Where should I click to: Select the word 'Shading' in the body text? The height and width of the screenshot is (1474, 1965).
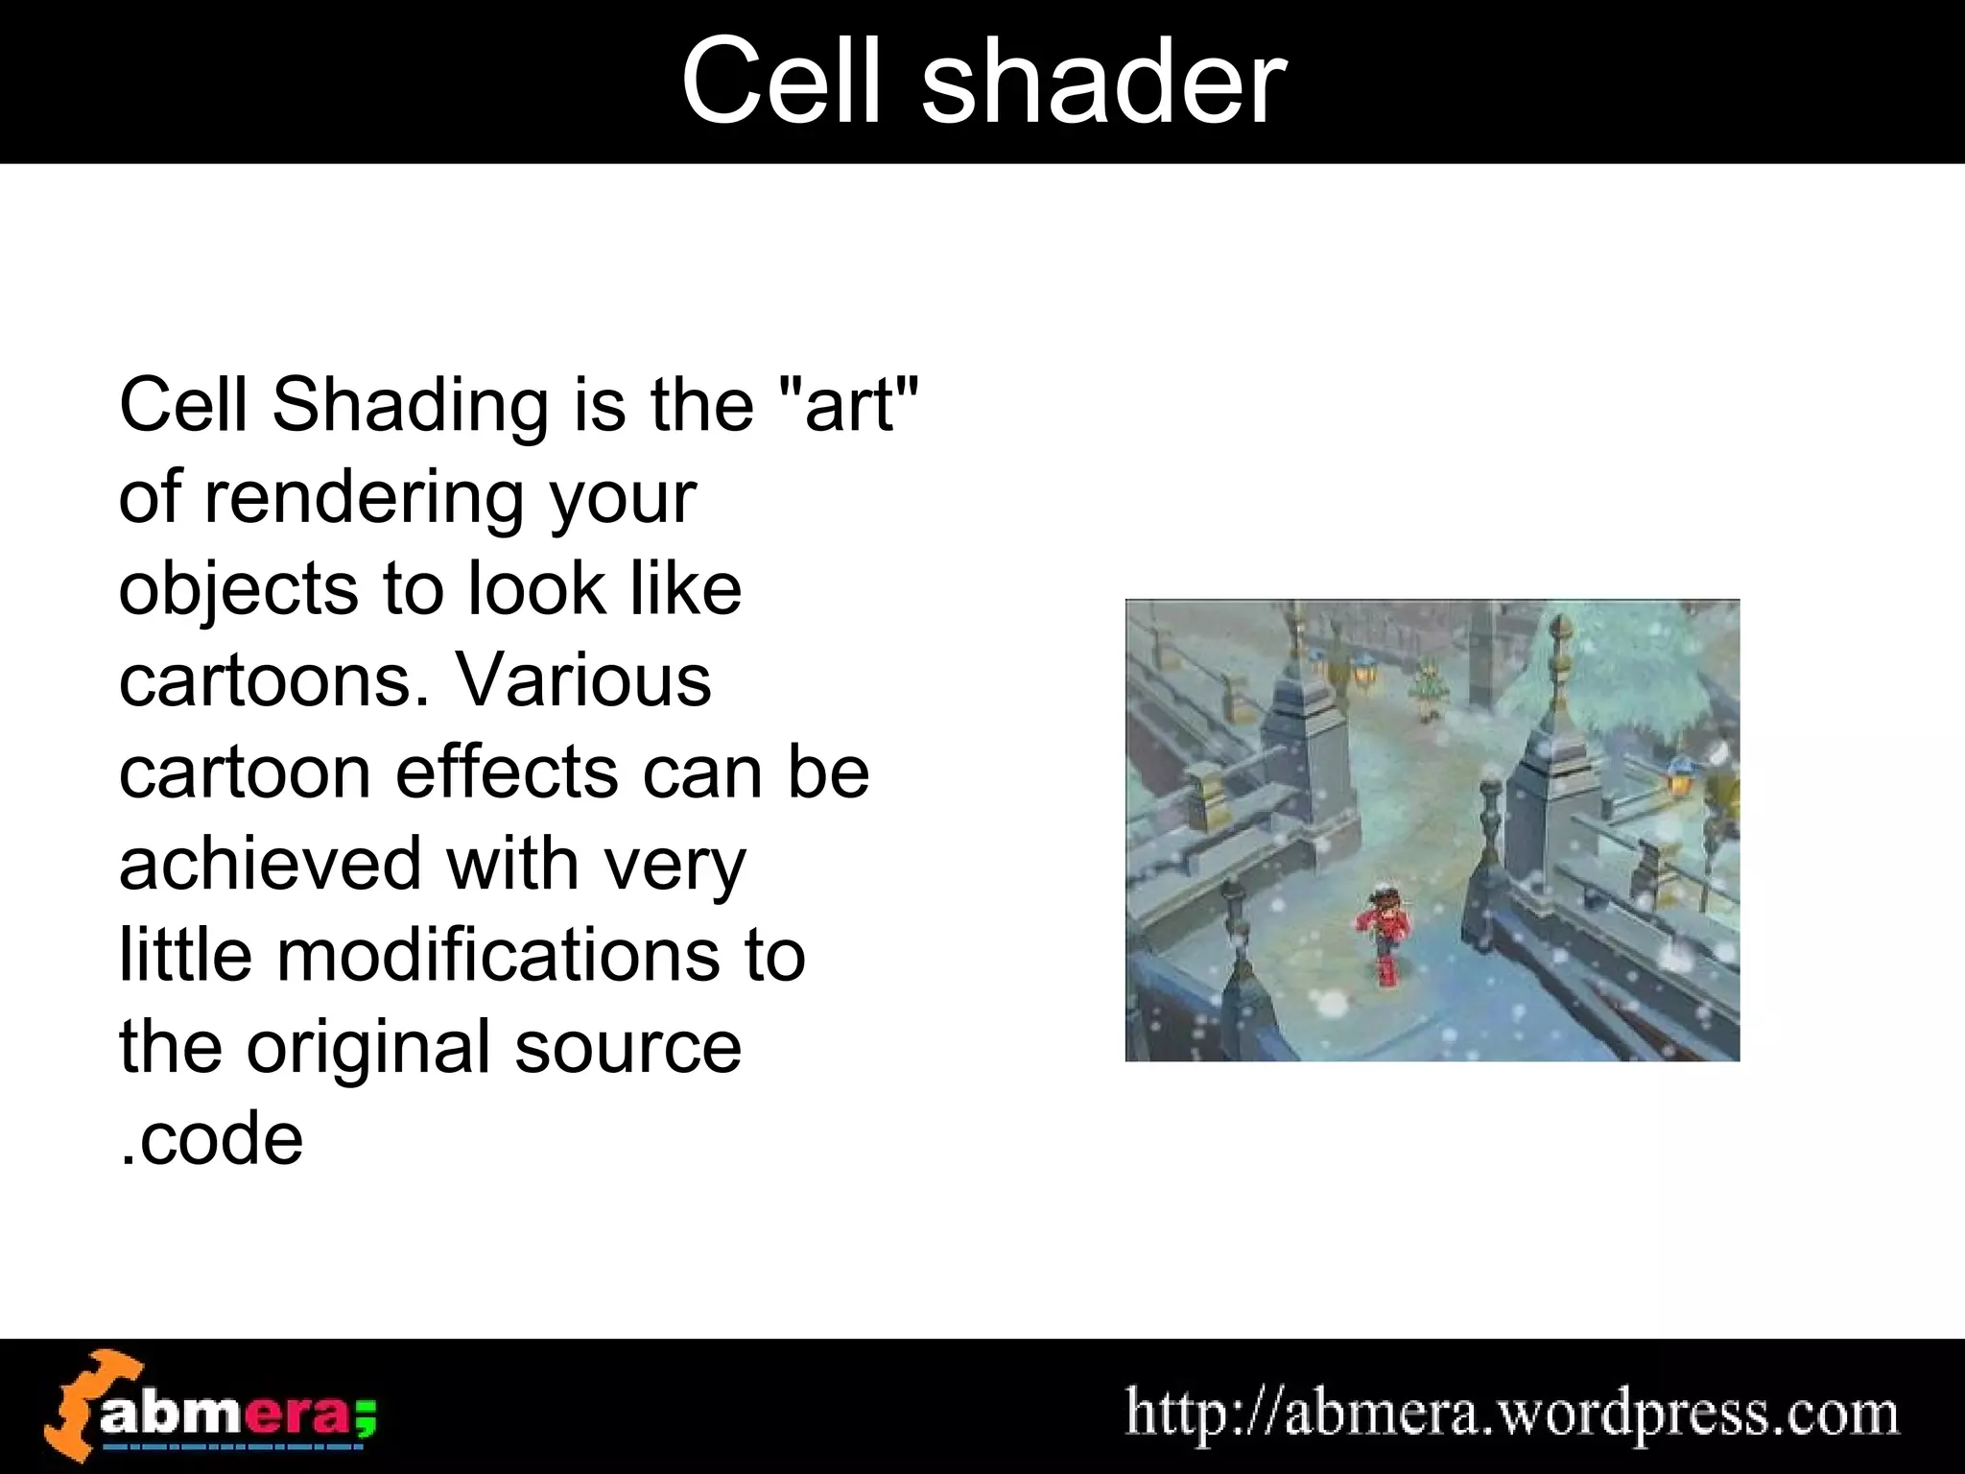pos(411,406)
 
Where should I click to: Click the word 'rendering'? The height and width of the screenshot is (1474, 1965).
pos(366,499)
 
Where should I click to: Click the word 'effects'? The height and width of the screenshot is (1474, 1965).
pos(507,773)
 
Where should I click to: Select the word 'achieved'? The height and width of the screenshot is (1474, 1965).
pos(271,864)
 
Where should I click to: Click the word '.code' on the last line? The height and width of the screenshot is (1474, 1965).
pos(211,1140)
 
